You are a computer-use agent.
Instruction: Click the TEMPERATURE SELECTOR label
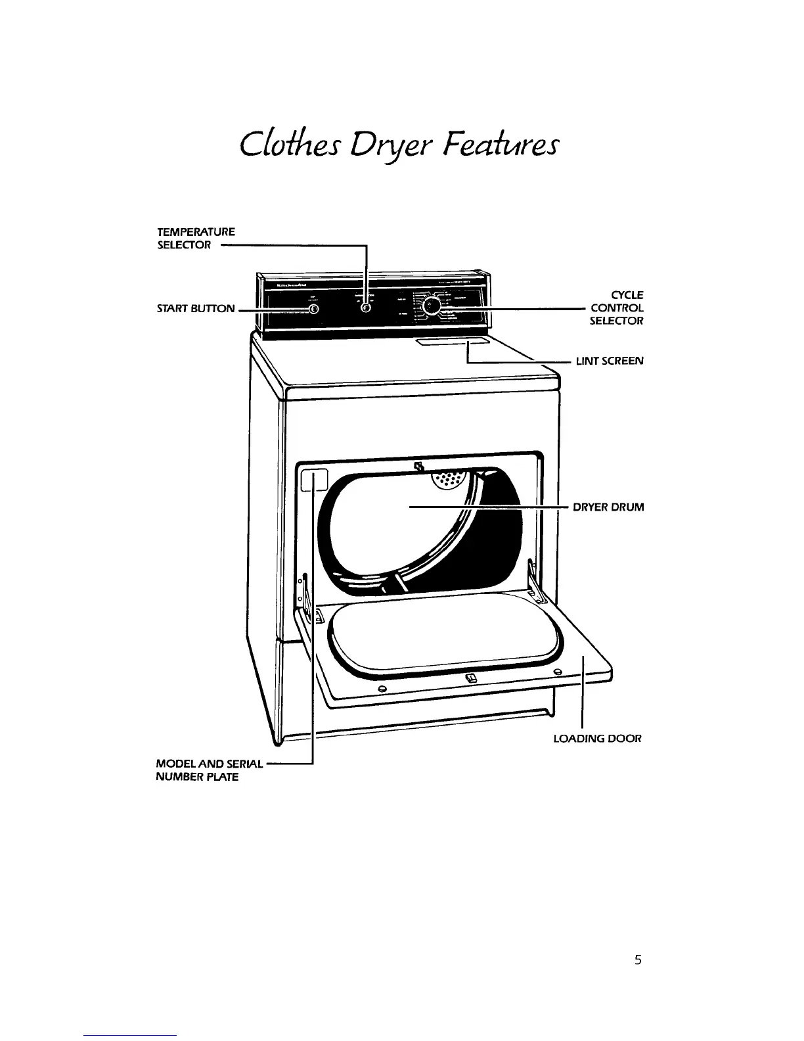tap(196, 238)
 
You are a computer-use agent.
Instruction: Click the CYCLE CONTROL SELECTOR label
tap(617, 308)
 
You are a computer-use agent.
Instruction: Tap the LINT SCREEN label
tap(610, 361)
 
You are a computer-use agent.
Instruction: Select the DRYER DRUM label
tap(608, 507)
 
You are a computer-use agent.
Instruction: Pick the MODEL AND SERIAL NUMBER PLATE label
tap(208, 770)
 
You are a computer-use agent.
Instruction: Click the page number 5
tap(637, 960)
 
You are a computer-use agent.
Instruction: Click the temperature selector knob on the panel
tap(366, 308)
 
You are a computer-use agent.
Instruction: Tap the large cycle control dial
tap(432, 306)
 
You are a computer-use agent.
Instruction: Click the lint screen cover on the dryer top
tap(453, 342)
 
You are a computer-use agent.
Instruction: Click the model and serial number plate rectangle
tap(314, 481)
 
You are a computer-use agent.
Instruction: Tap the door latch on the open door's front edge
tap(470, 678)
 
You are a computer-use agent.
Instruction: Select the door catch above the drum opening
tap(418, 467)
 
